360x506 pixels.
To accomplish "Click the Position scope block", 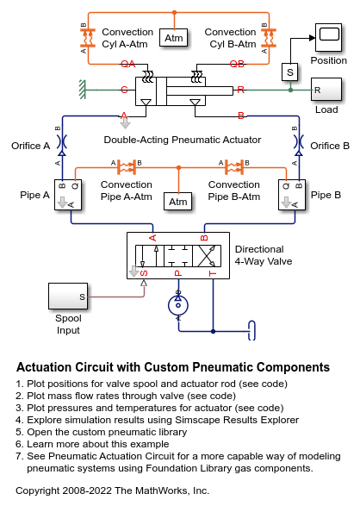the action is click(x=328, y=37).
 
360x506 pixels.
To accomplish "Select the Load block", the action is click(x=326, y=90).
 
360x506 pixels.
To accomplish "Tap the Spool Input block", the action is click(x=68, y=296).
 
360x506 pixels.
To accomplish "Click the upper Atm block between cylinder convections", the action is click(x=174, y=38).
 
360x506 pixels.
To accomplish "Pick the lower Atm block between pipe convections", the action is click(x=178, y=202).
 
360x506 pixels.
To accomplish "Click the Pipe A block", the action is click(x=68, y=195).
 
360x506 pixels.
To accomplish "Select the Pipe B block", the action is click(x=292, y=195).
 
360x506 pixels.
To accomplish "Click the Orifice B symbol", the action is click(x=299, y=142).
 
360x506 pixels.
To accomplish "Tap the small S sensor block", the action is click(x=290, y=72).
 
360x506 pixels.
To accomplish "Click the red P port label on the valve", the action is click(x=178, y=273).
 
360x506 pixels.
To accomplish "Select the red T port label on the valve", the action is click(x=213, y=273).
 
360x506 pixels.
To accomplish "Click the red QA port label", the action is click(x=128, y=64).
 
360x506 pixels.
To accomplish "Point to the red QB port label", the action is click(x=237, y=64).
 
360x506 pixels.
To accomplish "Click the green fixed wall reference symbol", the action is click(x=83, y=90).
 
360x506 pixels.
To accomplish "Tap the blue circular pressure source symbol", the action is click(x=178, y=305).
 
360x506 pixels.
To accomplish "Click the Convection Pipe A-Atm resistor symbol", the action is click(x=126, y=167).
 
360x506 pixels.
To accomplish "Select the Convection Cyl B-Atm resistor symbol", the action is click(x=269, y=38).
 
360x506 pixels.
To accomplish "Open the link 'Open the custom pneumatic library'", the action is click(x=107, y=432).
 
